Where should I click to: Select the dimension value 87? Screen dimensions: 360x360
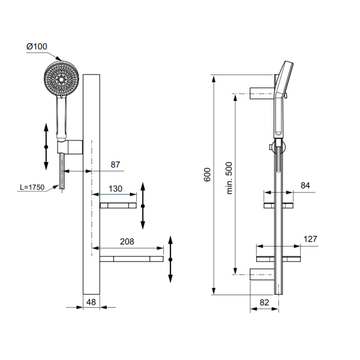pos(116,164)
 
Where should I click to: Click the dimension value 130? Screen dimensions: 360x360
pos(115,188)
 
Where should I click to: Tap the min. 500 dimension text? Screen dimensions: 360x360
pos(228,178)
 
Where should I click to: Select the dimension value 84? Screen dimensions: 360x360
pos(305,186)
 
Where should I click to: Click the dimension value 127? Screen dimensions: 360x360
pos(310,239)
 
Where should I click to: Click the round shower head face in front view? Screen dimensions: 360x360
pos(61,79)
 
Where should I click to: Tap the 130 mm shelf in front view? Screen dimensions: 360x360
pos(118,205)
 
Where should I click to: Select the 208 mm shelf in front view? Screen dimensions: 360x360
pos(131,259)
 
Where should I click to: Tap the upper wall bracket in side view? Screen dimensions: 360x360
pos(262,92)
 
